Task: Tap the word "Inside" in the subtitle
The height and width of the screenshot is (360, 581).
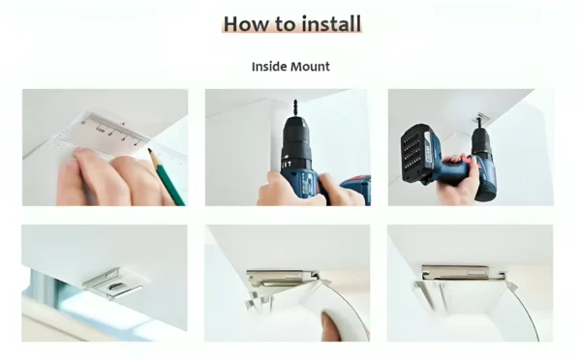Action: pos(271,67)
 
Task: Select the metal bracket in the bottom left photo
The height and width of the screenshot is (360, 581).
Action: pos(114,283)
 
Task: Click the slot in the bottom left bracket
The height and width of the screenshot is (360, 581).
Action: pos(114,285)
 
